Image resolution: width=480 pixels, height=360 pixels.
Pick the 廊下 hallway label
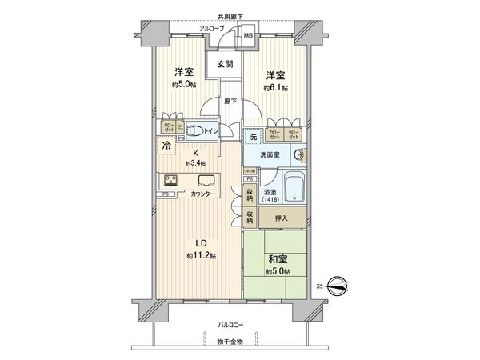coord(230,102)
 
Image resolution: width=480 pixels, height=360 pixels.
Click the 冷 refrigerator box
coord(166,147)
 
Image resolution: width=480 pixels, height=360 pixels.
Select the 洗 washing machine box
coord(252,138)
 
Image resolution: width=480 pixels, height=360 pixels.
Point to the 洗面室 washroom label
coord(266,155)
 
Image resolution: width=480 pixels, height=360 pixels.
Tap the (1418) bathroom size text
coord(270,200)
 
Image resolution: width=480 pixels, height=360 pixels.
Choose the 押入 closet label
coord(281,216)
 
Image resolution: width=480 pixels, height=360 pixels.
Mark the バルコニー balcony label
coord(232,325)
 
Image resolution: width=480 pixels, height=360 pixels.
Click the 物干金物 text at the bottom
coord(232,342)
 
